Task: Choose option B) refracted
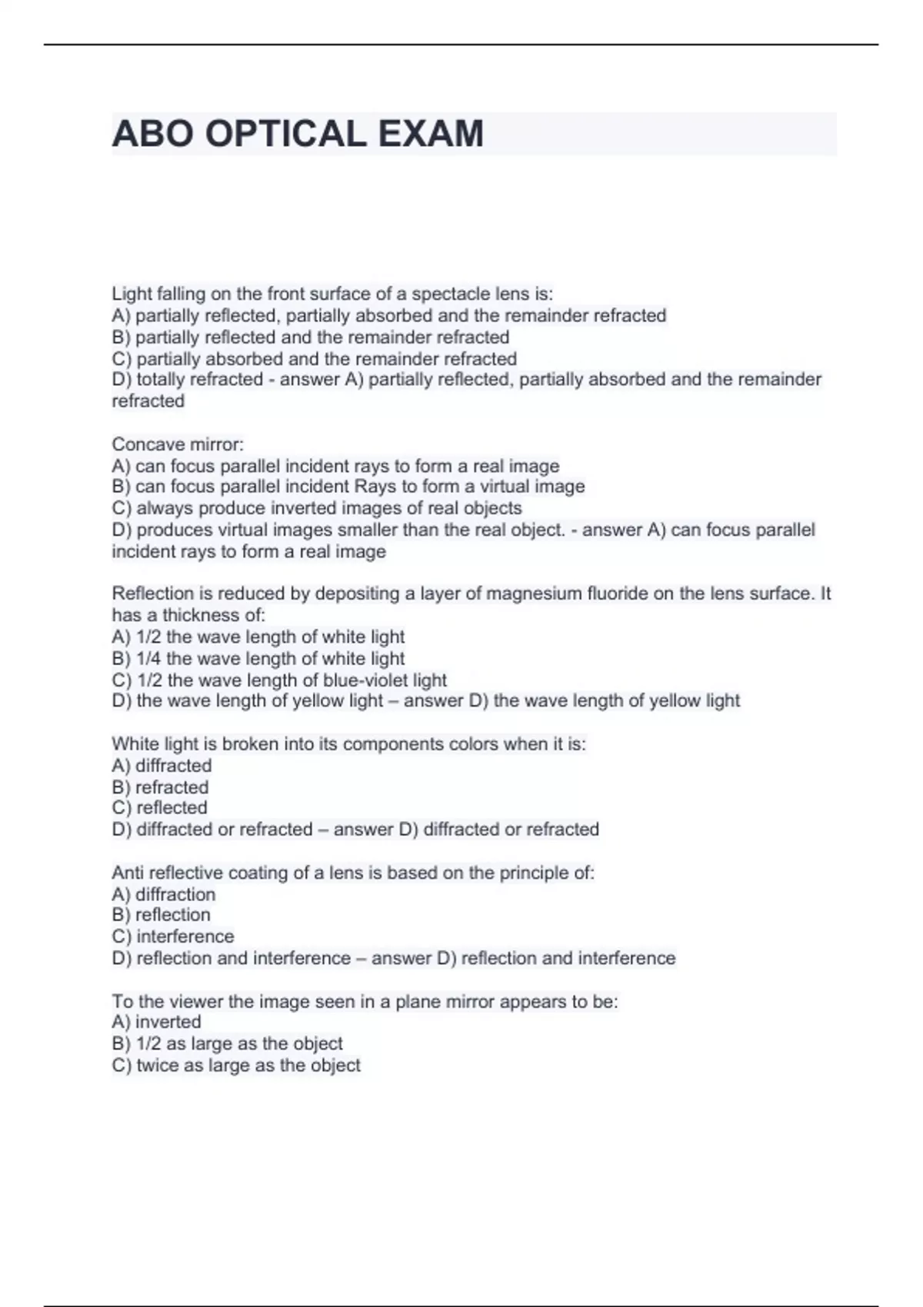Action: coord(160,787)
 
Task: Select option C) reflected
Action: coord(160,808)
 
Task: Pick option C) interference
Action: coord(173,936)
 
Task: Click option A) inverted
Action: coord(157,1022)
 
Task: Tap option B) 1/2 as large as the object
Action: coord(227,1044)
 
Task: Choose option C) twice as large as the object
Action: coord(236,1066)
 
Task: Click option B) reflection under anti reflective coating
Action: coord(161,915)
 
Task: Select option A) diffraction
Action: coord(164,894)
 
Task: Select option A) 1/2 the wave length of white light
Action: coord(258,637)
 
